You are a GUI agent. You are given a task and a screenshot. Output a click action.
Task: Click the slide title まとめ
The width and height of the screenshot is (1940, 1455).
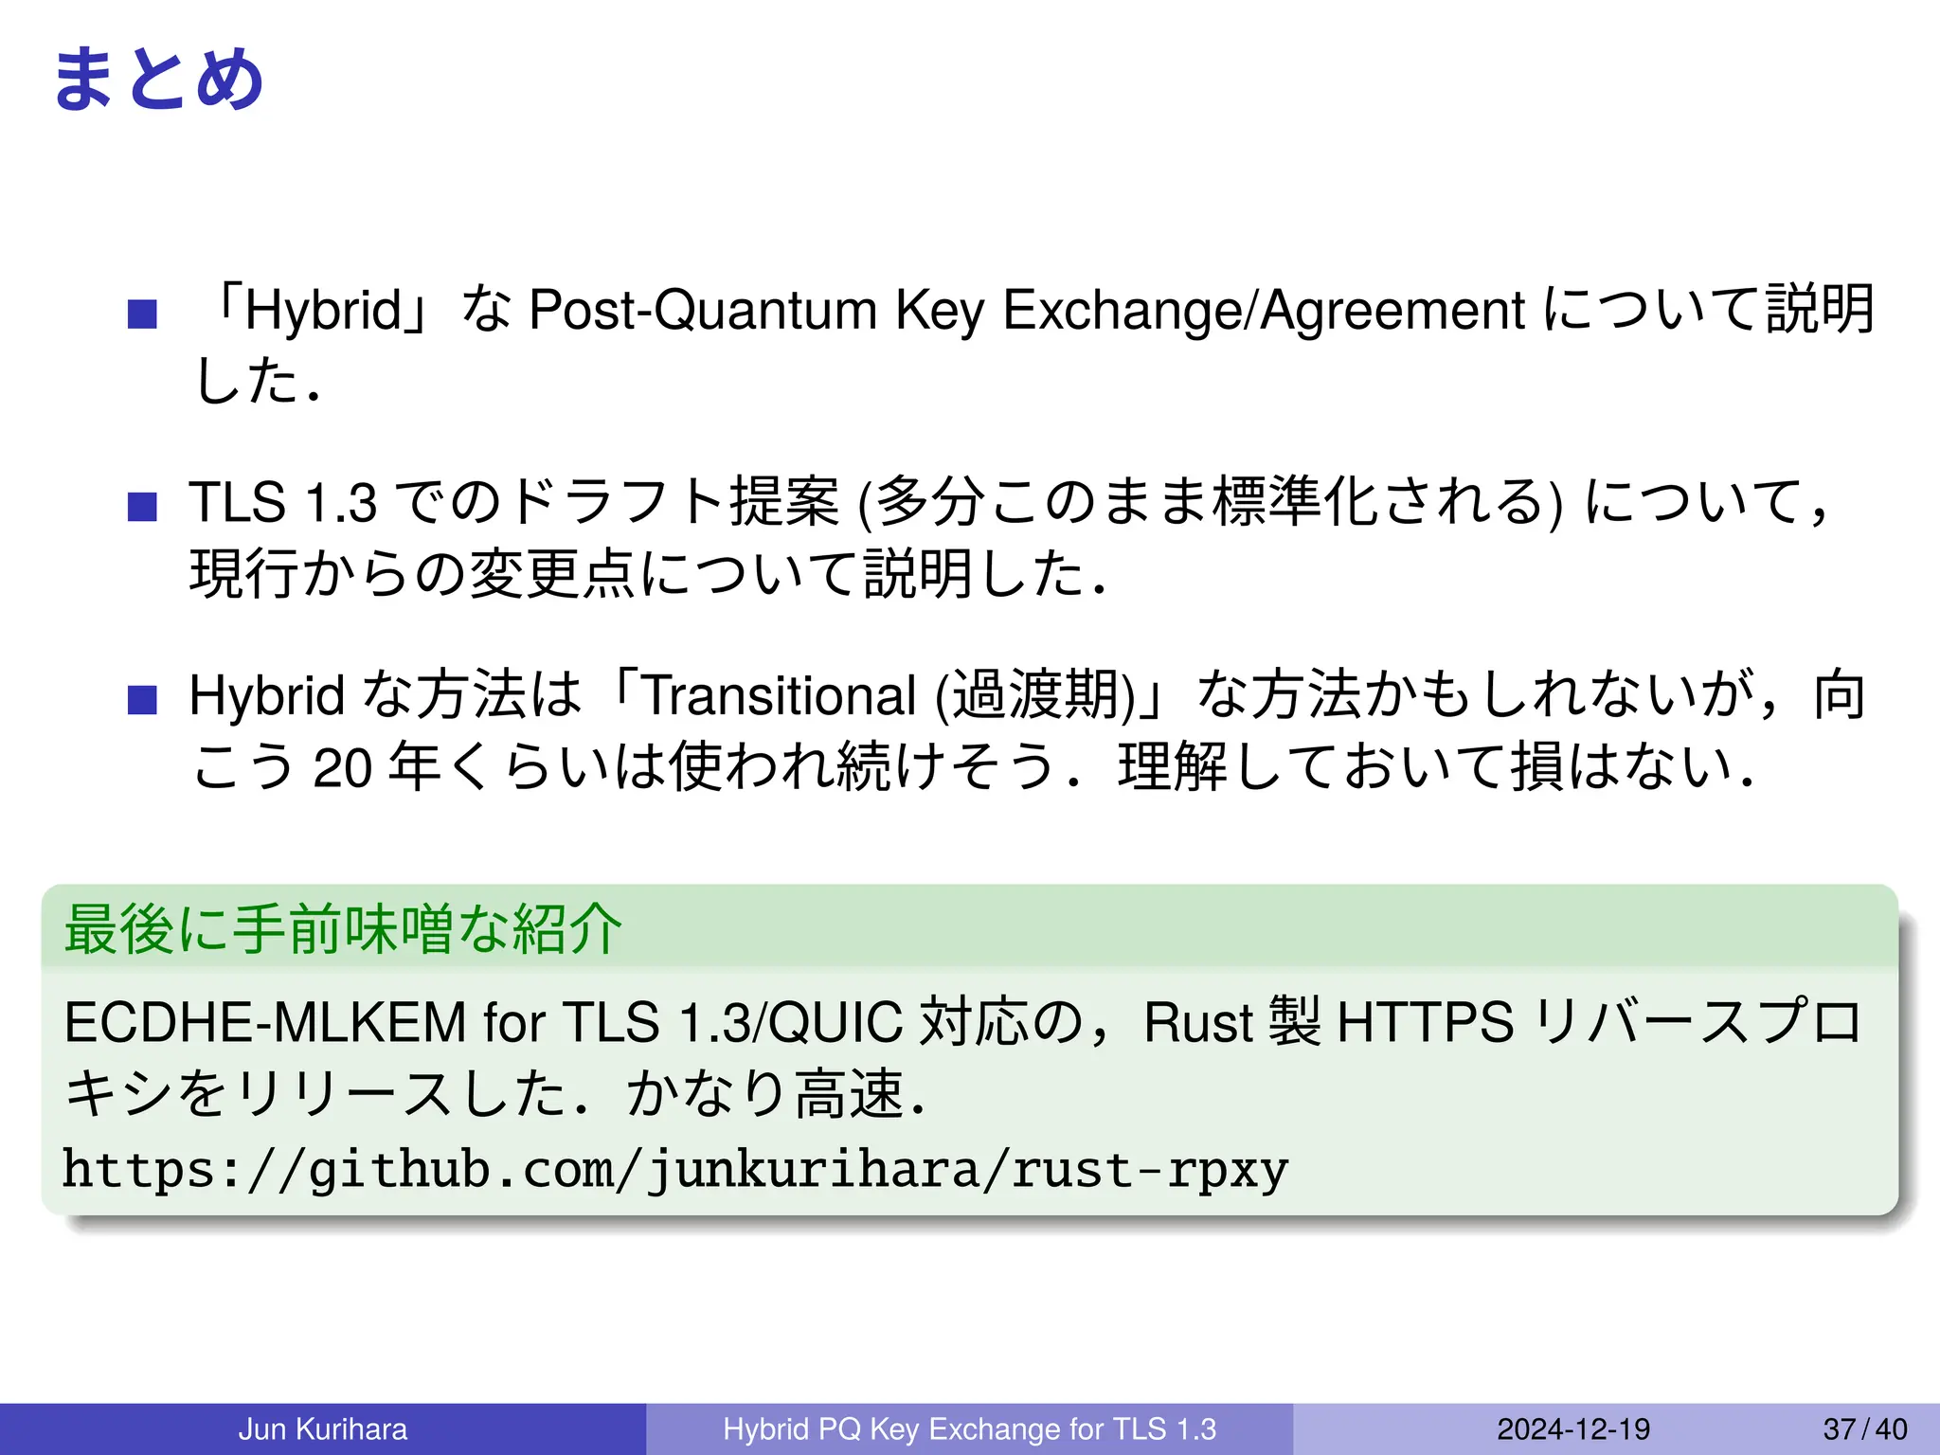pyautogui.click(x=158, y=80)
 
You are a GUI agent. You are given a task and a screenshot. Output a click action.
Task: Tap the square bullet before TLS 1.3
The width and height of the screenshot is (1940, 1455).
pyautogui.click(x=142, y=506)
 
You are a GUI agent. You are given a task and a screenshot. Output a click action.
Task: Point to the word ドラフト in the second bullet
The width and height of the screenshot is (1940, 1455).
pyautogui.click(x=616, y=502)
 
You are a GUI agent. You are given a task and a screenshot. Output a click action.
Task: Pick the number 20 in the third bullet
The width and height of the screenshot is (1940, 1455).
pyautogui.click(x=342, y=767)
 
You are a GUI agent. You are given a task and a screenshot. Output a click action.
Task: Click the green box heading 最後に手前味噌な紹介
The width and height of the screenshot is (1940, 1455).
pyautogui.click(x=343, y=928)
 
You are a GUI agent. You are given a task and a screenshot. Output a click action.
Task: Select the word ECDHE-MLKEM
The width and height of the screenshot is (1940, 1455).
pyautogui.click(x=265, y=1023)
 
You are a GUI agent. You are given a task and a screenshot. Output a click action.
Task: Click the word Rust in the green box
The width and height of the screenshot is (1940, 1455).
pyautogui.click(x=1198, y=1023)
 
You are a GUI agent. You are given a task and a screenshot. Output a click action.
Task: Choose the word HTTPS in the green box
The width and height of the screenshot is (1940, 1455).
pyautogui.click(x=1425, y=1023)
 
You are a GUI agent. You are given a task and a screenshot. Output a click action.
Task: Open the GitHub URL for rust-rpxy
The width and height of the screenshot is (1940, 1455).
pyautogui.click(x=674, y=1169)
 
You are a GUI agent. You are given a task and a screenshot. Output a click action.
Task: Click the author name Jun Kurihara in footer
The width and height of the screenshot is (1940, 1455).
pyautogui.click(x=322, y=1428)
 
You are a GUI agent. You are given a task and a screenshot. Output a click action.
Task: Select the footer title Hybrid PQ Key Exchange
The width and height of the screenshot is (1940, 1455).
pyautogui.click(x=969, y=1428)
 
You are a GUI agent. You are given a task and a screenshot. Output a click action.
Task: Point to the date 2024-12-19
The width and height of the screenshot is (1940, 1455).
pyautogui.click(x=1573, y=1428)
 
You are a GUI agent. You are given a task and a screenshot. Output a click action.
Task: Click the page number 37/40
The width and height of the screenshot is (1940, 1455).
pyautogui.click(x=1864, y=1428)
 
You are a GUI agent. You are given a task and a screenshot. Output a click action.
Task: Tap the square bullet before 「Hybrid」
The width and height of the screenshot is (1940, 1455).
pyautogui.click(x=142, y=314)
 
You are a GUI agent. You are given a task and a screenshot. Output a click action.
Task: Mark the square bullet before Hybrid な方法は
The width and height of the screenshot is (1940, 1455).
pyautogui.click(x=142, y=700)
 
